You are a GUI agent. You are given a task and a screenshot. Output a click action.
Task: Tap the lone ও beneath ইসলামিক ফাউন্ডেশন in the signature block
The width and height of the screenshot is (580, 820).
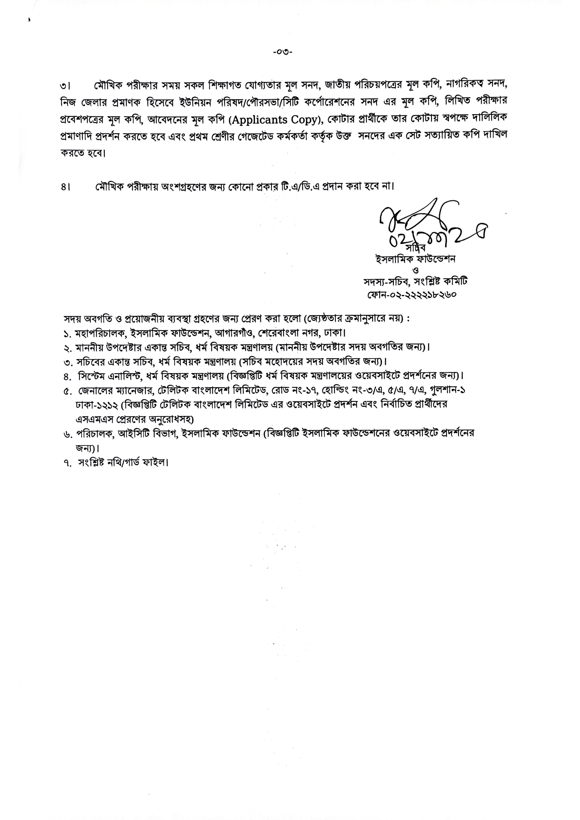415,270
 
